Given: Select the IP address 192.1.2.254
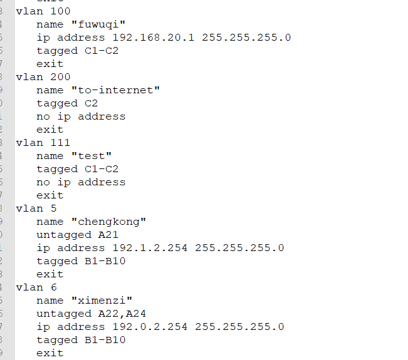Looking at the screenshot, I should point(147,248).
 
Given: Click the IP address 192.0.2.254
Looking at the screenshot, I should point(147,327).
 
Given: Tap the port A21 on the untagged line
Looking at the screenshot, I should point(105,235).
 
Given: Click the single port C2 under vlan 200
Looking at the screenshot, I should point(92,103).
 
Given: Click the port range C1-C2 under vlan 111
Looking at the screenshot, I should point(102,169).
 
